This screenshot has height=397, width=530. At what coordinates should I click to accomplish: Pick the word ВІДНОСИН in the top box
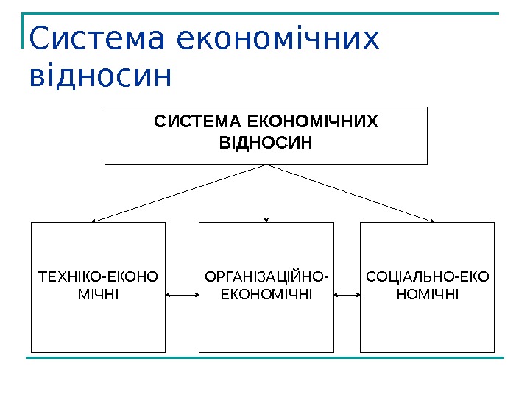(266, 142)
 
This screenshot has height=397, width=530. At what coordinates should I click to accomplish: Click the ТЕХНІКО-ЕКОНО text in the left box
(98, 278)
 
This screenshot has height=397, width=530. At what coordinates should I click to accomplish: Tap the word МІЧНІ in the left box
(98, 295)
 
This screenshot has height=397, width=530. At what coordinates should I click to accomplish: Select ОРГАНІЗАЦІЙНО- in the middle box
(266, 278)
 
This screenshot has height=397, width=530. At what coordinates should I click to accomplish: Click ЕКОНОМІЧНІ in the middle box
(266, 295)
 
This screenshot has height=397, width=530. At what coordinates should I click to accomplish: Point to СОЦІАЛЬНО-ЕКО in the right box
(427, 278)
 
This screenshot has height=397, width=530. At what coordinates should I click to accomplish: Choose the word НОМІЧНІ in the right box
(427, 295)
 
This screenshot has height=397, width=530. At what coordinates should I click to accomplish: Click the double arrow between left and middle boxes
(183, 295)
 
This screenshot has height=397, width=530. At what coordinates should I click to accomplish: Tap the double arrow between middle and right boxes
(347, 295)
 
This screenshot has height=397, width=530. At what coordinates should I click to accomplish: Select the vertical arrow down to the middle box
(266, 193)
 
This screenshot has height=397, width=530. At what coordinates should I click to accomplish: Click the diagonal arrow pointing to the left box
(180, 193)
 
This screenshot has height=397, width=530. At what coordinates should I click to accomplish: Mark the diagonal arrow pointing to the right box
(351, 193)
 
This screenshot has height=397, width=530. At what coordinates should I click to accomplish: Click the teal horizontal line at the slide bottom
(265, 358)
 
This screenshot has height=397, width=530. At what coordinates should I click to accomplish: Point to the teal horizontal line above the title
(265, 13)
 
